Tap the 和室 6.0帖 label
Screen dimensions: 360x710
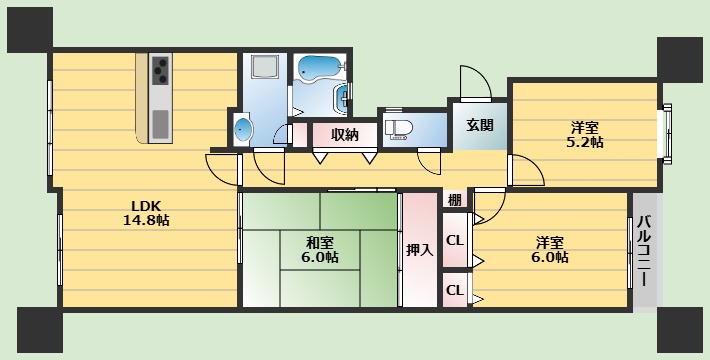click(x=321, y=248)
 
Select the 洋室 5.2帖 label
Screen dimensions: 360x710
click(x=586, y=134)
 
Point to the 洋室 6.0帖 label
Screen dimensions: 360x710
click(x=551, y=249)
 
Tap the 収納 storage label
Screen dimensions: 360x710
click(x=345, y=134)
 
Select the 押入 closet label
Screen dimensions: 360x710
click(x=420, y=249)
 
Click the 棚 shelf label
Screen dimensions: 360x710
click(x=454, y=199)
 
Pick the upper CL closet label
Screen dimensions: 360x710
click(x=454, y=240)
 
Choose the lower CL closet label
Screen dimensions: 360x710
click(x=454, y=291)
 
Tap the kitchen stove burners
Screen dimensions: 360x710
click(x=161, y=72)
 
